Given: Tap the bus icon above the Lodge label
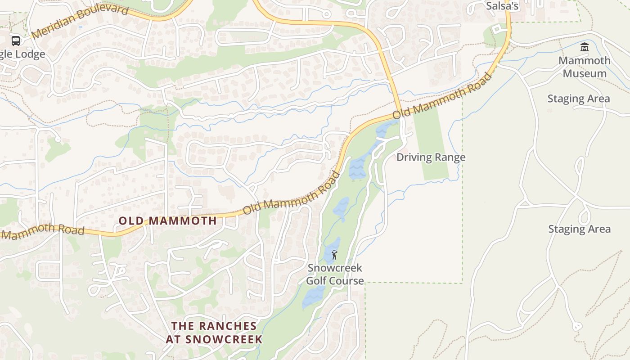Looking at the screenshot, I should pyautogui.click(x=16, y=41).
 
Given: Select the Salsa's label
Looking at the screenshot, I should pyautogui.click(x=503, y=6).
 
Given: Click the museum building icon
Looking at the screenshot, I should pyautogui.click(x=585, y=47).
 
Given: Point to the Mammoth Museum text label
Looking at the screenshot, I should pyautogui.click(x=585, y=67).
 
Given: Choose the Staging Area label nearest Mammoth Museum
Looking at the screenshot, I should pyautogui.click(x=579, y=99).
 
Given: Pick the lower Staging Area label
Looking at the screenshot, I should pyautogui.click(x=579, y=229).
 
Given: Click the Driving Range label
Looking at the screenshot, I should pyautogui.click(x=431, y=157).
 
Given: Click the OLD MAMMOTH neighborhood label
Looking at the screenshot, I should pyautogui.click(x=168, y=220).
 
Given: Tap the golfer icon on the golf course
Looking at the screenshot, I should pyautogui.click(x=334, y=255).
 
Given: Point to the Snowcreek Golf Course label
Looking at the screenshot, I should pyautogui.click(x=335, y=274).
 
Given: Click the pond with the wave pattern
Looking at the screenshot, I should pyautogui.click(x=358, y=169).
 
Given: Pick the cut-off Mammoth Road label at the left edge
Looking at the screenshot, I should pyautogui.click(x=43, y=230).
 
